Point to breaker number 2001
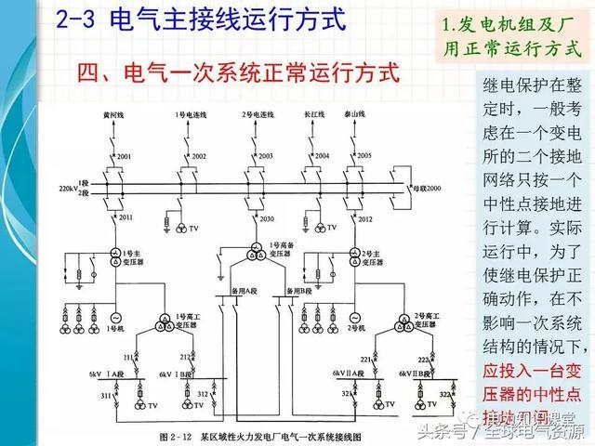[x=125, y=155]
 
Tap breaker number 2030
[x=267, y=219]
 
